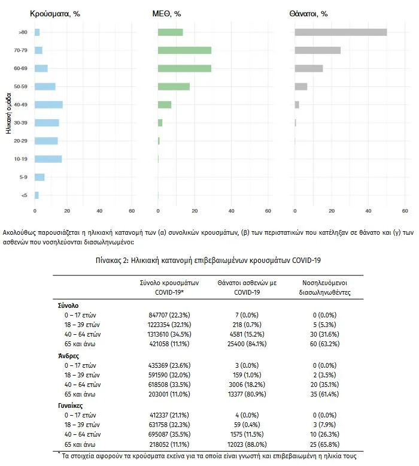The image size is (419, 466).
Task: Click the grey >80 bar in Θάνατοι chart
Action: pos(341,32)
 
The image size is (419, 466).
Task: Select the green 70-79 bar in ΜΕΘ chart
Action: pos(184,50)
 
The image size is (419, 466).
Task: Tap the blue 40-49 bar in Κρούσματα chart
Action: pos(48,105)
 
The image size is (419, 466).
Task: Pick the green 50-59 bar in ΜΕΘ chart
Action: pos(174,86)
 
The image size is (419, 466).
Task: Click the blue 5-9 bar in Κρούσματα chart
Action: pos(40,177)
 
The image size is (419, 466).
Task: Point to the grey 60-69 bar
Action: pos(309,68)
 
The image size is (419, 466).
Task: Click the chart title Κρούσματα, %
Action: pos(55,14)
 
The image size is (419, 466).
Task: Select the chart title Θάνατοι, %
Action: pos(308,14)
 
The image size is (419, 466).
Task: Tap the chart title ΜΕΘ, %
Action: pos(166,14)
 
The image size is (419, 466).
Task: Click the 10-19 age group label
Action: pos(20,159)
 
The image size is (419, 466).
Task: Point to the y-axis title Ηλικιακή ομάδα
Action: pos(8,114)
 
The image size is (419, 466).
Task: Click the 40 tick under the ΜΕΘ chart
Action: pos(231,211)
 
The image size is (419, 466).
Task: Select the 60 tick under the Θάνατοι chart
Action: pos(405,211)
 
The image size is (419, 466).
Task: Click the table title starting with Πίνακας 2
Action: pos(208,261)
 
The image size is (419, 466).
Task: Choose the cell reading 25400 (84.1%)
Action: pos(247,344)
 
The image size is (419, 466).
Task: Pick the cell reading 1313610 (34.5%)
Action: pos(169,334)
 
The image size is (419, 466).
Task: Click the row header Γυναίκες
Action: pos(71,406)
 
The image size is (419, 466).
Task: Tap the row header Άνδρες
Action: pos(69,356)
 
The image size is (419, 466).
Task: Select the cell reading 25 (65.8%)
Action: pos(324,444)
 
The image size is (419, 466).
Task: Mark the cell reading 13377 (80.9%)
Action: pos(247,394)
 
